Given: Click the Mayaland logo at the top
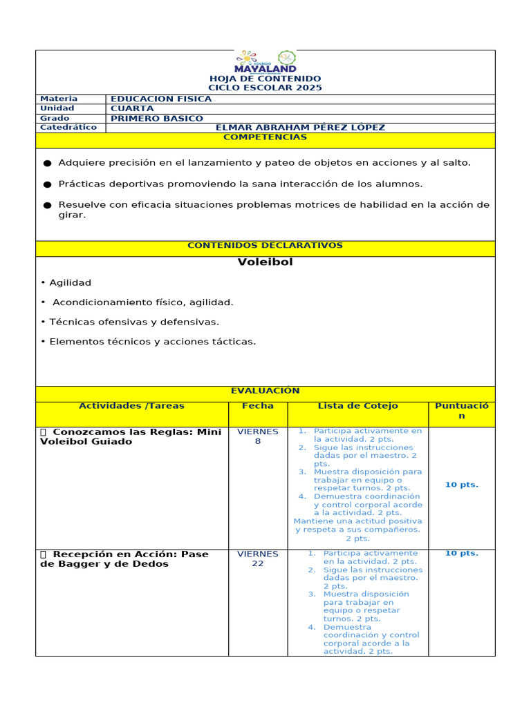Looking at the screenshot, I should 265,62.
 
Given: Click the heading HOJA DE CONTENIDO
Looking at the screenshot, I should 265,79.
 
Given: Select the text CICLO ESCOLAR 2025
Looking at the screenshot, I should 265,88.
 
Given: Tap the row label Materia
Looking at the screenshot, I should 59,99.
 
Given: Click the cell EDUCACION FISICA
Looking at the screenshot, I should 161,99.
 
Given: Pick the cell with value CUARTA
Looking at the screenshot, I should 132,108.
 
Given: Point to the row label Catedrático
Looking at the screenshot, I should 69,128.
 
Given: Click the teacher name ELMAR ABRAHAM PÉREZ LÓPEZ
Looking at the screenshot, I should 300,128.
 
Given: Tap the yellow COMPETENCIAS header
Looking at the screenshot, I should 265,137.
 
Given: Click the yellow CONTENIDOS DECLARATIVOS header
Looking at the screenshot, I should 265,246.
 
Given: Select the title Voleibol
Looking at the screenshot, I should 265,262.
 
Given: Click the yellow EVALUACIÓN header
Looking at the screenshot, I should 265,391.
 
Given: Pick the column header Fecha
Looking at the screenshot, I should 258,406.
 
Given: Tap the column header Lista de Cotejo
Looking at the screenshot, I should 357,406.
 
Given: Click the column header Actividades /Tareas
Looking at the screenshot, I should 131,406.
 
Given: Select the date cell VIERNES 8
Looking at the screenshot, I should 258,436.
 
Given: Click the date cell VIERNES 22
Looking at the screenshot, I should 258,559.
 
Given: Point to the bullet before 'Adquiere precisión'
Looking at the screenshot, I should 47,164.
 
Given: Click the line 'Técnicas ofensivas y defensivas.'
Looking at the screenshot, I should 130,322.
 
